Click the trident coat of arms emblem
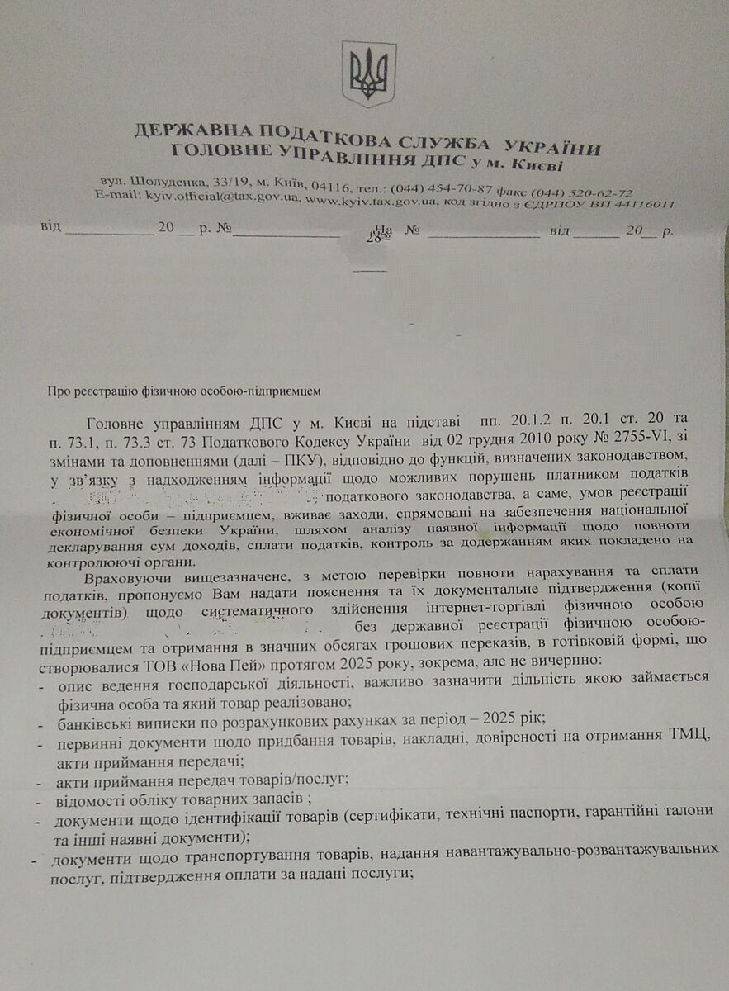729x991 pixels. [369, 73]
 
